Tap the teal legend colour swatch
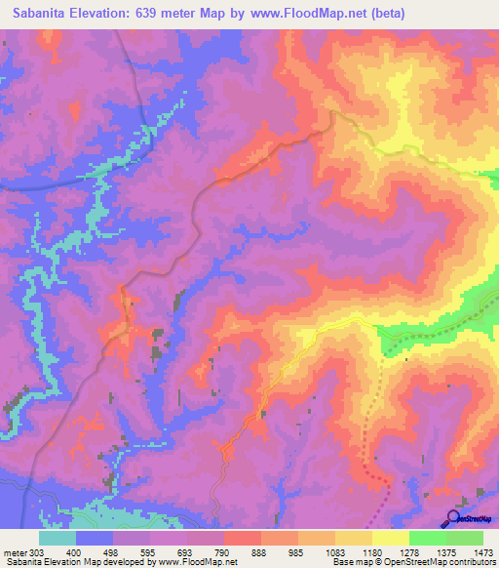click(x=58, y=539)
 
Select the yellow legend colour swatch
click(x=391, y=539)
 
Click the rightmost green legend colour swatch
click(x=465, y=539)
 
